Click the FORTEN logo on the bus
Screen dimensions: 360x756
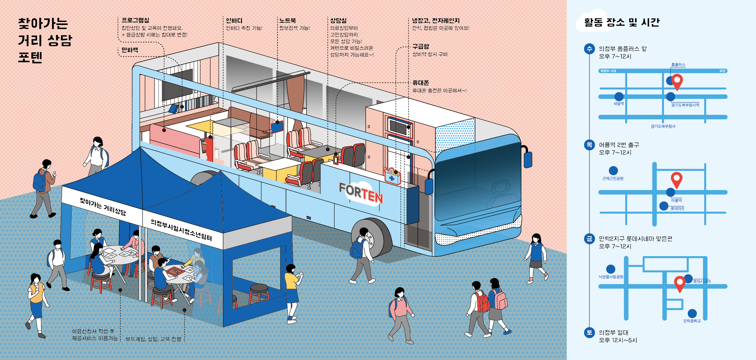pos(361,192)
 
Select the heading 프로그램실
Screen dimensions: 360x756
pos(135,20)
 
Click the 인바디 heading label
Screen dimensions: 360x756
pos(234,21)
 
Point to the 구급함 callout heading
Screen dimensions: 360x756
pos(421,47)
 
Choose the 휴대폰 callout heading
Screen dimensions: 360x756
pos(421,83)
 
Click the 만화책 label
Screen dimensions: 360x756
pos(130,50)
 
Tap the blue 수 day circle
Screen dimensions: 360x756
pos(589,49)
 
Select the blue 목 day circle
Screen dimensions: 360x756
pos(589,145)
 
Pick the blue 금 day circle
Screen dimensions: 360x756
pos(589,239)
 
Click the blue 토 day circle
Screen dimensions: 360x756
pos(589,333)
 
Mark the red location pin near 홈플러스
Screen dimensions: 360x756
pos(677,81)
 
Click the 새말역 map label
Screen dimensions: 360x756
pos(619,104)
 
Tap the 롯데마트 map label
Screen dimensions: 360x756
pos(677,209)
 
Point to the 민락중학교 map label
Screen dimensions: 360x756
pos(692,321)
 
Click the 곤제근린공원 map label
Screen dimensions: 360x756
pos(613,178)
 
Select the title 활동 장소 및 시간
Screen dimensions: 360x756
pos(622,22)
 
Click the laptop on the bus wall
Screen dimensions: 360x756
pos(277,127)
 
